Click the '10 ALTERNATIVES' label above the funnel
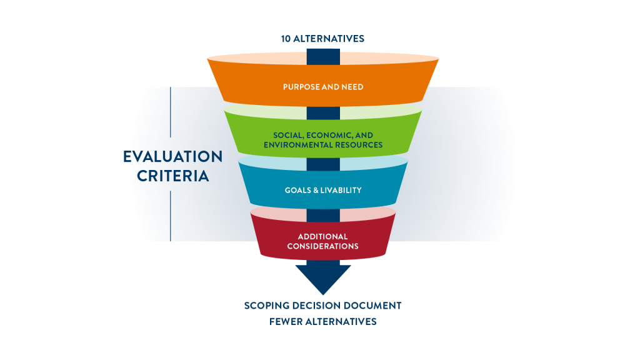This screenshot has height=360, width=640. point(322,39)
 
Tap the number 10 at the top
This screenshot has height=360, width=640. point(286,39)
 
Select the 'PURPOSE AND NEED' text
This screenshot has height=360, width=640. point(322,87)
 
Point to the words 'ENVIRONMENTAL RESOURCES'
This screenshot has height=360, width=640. point(323,145)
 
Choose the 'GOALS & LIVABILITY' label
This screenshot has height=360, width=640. point(322,190)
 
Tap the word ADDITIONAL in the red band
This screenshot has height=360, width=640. point(322,236)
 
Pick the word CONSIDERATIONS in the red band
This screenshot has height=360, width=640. point(322,246)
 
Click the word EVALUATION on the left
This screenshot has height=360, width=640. point(172,156)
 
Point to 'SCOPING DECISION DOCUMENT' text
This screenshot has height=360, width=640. point(322,306)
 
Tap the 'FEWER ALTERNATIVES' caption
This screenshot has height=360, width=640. point(322,321)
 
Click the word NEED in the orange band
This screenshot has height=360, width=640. point(351,87)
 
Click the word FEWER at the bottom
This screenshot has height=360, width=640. point(286,321)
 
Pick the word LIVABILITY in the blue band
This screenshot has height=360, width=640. point(341,190)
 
